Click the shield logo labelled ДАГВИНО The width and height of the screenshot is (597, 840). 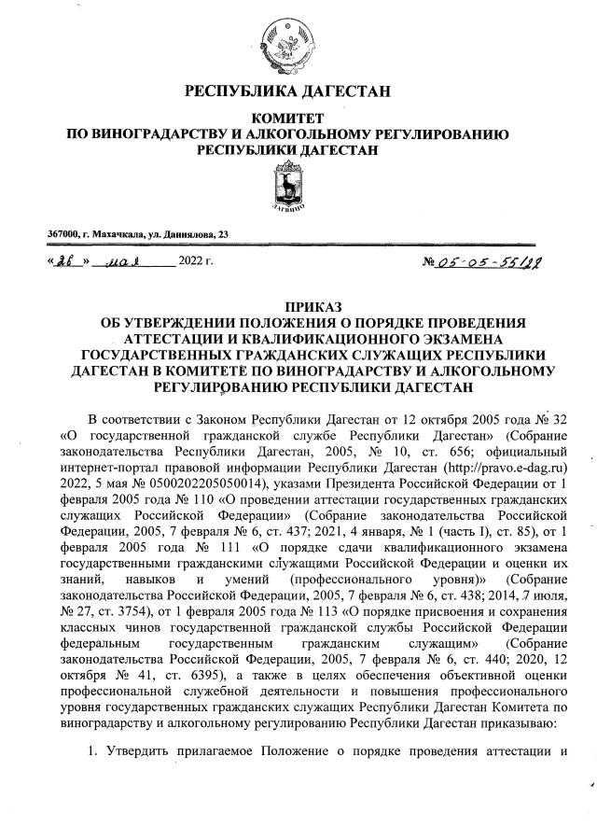[288, 188]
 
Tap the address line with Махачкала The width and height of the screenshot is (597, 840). [137, 234]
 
